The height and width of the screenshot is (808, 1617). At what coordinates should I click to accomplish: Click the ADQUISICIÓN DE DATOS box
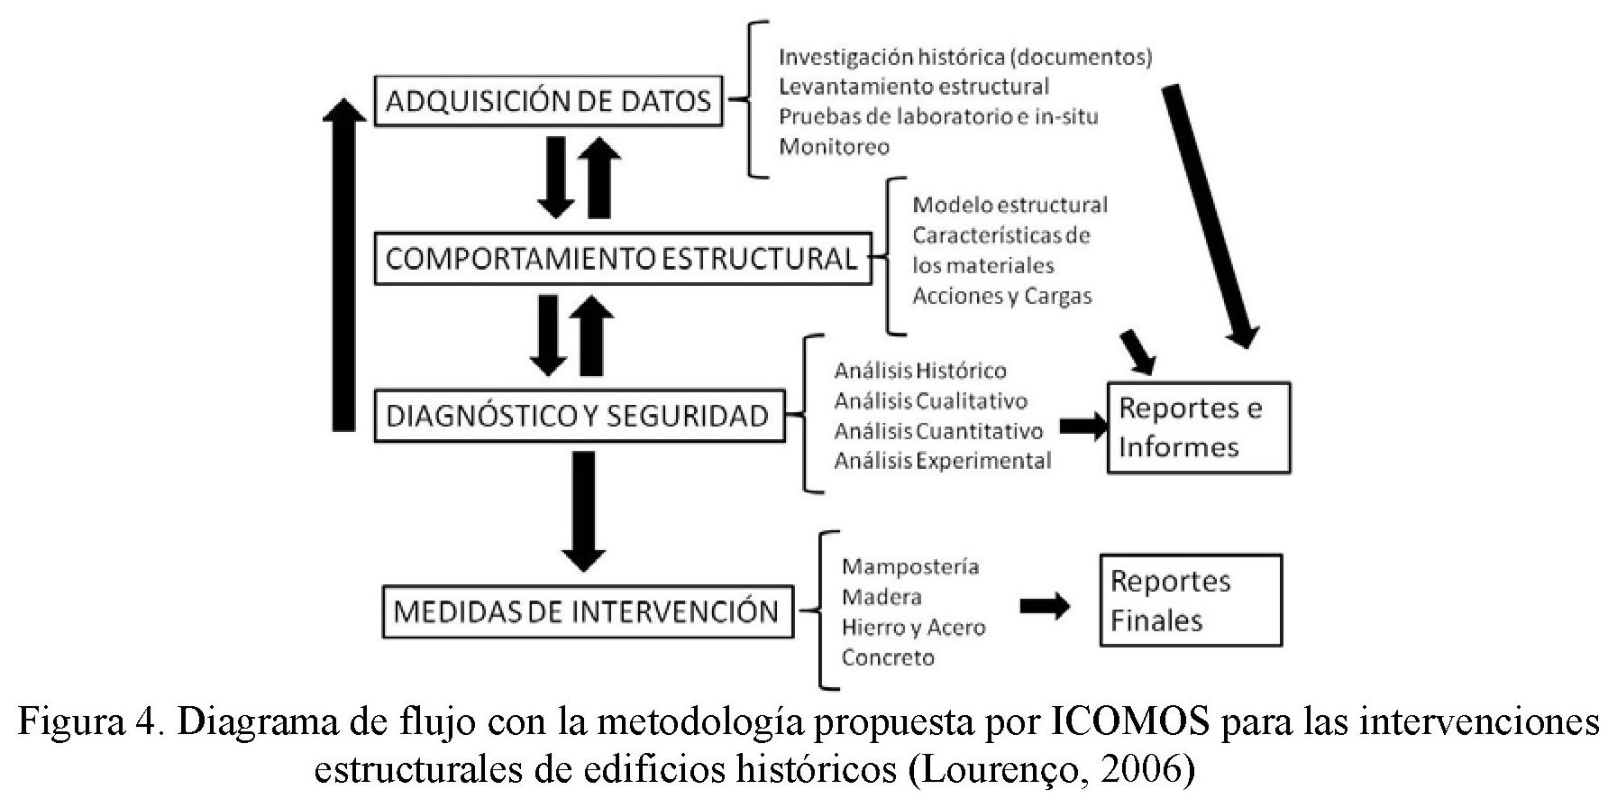coord(548,101)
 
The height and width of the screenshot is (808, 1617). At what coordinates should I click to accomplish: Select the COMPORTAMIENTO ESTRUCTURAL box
coord(622,260)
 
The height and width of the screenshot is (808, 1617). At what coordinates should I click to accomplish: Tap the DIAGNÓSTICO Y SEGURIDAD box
coord(579,416)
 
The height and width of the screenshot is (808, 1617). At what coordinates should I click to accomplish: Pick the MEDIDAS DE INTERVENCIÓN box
coord(587,612)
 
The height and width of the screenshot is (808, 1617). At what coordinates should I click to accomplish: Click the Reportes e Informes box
coord(1198,427)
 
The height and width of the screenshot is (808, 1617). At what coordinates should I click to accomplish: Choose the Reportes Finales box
coord(1190,601)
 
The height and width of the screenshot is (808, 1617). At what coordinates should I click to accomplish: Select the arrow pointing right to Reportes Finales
coord(1045,607)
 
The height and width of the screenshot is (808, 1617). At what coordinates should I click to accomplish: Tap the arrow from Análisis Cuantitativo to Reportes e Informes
coord(1083,427)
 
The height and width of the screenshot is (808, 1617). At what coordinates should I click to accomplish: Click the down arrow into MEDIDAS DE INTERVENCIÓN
coord(583,510)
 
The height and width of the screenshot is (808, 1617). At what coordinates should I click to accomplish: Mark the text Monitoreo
coord(834,146)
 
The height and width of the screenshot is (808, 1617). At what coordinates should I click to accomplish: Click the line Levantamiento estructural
coord(914,87)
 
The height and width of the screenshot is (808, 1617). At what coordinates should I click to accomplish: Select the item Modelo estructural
coord(1009,205)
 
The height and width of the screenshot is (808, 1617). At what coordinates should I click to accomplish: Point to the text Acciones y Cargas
coord(1001,296)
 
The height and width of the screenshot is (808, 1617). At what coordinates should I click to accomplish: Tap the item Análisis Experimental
coord(942,461)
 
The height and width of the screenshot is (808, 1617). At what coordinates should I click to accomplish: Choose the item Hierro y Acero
coord(913,628)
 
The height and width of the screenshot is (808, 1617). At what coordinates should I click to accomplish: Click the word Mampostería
coord(909,566)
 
